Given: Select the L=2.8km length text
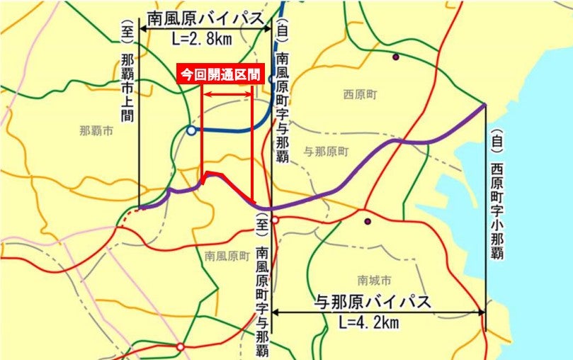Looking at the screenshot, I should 203,40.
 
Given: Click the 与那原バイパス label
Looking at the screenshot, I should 373,302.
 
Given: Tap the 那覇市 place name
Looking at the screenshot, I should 96,130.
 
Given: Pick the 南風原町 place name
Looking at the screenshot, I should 226,255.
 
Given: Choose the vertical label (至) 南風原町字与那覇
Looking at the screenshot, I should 262,283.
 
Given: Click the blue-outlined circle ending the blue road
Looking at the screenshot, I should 191,130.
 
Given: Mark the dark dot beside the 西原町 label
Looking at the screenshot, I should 395,57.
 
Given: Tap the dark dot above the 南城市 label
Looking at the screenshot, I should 368,221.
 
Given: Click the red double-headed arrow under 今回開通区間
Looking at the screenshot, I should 227,94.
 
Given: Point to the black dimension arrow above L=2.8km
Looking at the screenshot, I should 205,28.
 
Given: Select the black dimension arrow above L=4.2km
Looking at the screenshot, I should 378,312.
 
